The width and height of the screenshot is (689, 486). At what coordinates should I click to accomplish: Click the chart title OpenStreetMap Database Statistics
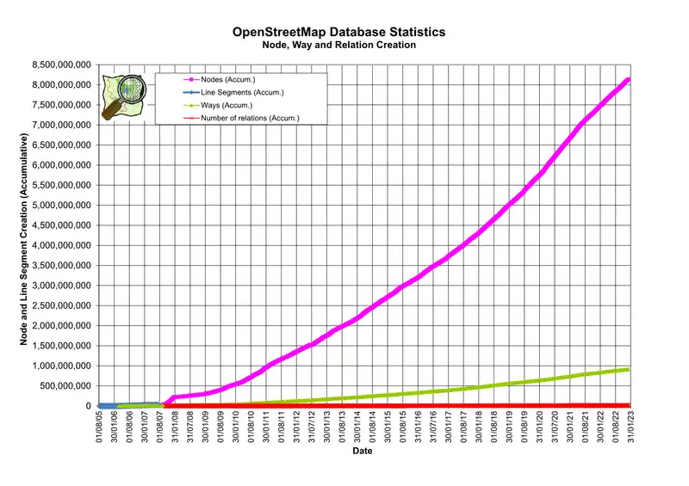tap(339, 32)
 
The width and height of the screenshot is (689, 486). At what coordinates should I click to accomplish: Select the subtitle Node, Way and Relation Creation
tap(339, 45)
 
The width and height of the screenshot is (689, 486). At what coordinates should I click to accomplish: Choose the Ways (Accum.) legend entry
tap(226, 105)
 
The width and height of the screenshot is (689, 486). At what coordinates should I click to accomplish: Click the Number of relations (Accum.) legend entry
tap(249, 118)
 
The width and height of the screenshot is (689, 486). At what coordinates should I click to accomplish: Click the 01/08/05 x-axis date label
tap(100, 427)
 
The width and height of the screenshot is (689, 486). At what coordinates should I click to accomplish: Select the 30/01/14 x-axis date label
tap(358, 427)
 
